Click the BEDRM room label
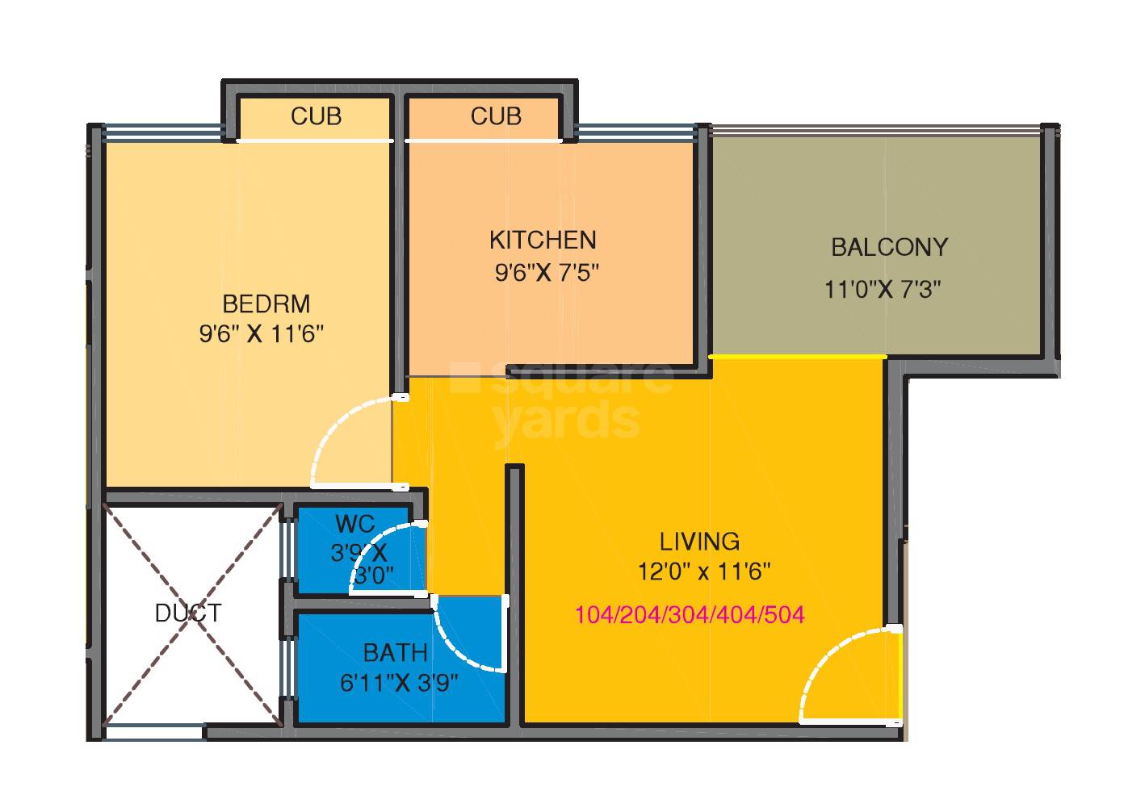pyautogui.click(x=266, y=304)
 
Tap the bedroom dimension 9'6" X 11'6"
pyautogui.click(x=262, y=334)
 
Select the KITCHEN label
pyautogui.click(x=543, y=240)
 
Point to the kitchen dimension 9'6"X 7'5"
pyautogui.click(x=547, y=273)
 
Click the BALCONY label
pyautogui.click(x=889, y=247)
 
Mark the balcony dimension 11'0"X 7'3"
pyautogui.click(x=883, y=289)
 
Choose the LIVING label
pyautogui.click(x=699, y=540)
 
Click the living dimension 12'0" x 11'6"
pyautogui.click(x=704, y=572)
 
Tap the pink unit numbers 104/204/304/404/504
pyautogui.click(x=690, y=615)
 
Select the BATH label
pyautogui.click(x=395, y=651)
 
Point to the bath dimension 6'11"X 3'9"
pyautogui.click(x=399, y=684)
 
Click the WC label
pyautogui.click(x=354, y=524)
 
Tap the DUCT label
pyautogui.click(x=188, y=613)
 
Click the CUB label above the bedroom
pyautogui.click(x=316, y=116)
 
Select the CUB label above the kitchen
pyautogui.click(x=496, y=116)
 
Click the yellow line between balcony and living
pyautogui.click(x=797, y=356)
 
